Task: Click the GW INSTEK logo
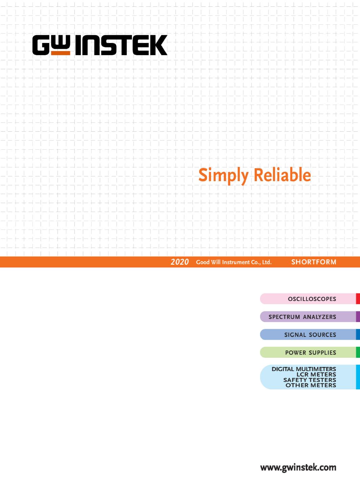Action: click(100, 45)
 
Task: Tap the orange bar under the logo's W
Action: click(61, 53)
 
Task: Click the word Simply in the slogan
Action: click(223, 176)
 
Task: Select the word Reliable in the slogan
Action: click(282, 175)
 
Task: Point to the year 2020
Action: click(180, 262)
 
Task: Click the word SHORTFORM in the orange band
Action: click(314, 262)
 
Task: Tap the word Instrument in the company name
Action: click(236, 262)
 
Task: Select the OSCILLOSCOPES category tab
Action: click(310, 299)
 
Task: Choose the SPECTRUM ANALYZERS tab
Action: click(310, 317)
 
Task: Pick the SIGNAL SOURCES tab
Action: click(310, 334)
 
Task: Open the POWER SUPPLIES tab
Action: click(310, 352)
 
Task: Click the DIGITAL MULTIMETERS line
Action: click(304, 369)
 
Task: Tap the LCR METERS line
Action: click(316, 375)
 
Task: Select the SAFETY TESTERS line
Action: click(310, 380)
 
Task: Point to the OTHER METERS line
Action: click(311, 385)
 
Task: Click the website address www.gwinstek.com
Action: click(298, 468)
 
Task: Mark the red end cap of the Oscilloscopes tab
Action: click(358, 299)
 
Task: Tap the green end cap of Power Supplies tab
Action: click(358, 352)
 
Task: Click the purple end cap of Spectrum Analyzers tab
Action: click(358, 317)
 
